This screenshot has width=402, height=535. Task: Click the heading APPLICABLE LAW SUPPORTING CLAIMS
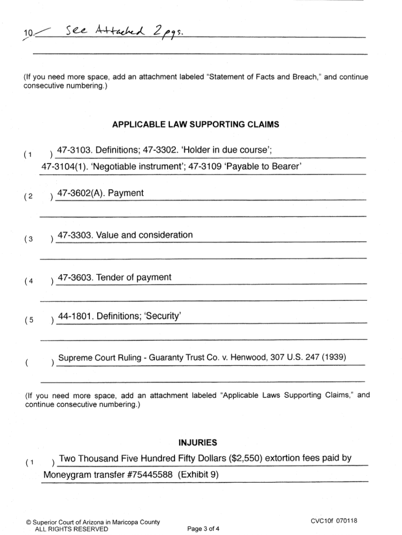(x=195, y=125)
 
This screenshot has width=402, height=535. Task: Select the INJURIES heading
(x=198, y=443)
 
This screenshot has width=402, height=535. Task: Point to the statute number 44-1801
(x=75, y=316)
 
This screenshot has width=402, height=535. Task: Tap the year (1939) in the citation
(x=334, y=358)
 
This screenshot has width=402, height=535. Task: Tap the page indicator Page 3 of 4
(x=203, y=529)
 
